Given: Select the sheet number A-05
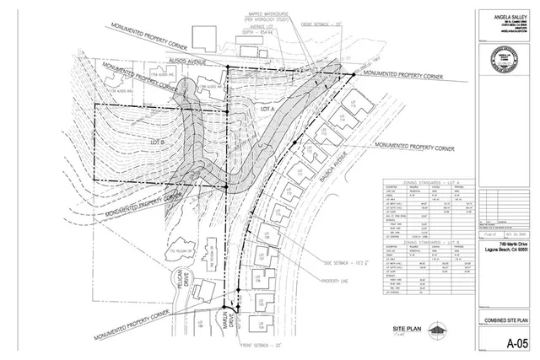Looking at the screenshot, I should [510, 343].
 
